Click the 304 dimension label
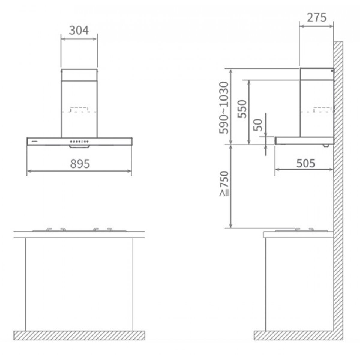click(79, 31)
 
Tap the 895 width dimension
click(80, 163)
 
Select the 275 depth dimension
click(317, 18)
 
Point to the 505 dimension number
click(306, 163)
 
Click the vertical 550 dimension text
click(242, 109)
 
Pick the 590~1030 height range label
click(223, 108)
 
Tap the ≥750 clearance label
click(224, 184)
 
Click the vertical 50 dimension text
click(258, 125)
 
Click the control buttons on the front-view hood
click(79, 141)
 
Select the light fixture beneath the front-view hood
click(79, 147)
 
